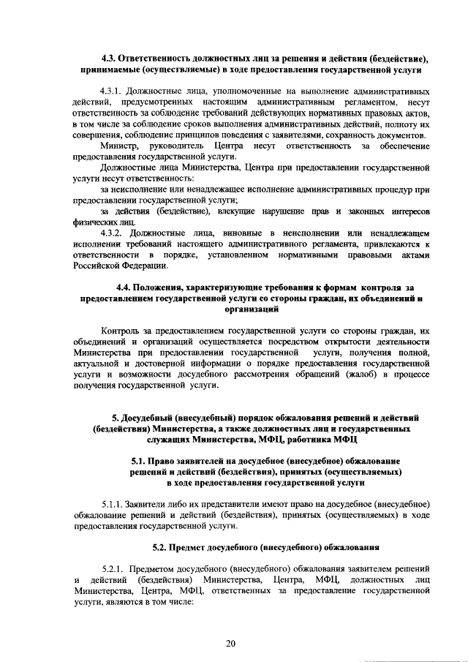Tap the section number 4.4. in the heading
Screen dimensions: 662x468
pyautogui.click(x=126, y=287)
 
